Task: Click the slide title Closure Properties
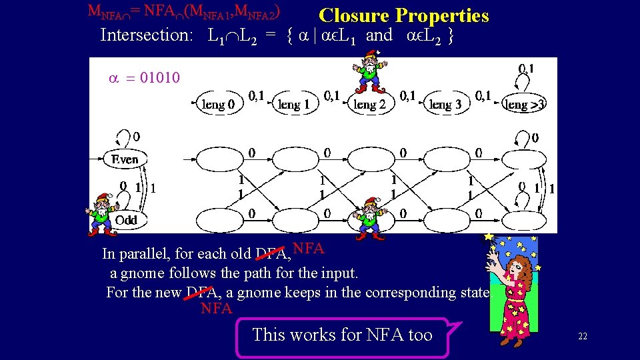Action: pyautogui.click(x=403, y=15)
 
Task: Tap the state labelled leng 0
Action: pyautogui.click(x=218, y=103)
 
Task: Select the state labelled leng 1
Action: pyautogui.click(x=293, y=103)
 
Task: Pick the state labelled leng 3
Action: pyautogui.click(x=445, y=103)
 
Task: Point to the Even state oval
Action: pyautogui.click(x=125, y=159)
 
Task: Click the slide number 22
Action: pyautogui.click(x=582, y=336)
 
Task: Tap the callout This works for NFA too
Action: pyautogui.click(x=342, y=335)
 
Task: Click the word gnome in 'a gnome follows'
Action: pyautogui.click(x=141, y=273)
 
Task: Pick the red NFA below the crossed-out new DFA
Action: pyautogui.click(x=216, y=309)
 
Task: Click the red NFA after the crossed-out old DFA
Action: pyautogui.click(x=308, y=249)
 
